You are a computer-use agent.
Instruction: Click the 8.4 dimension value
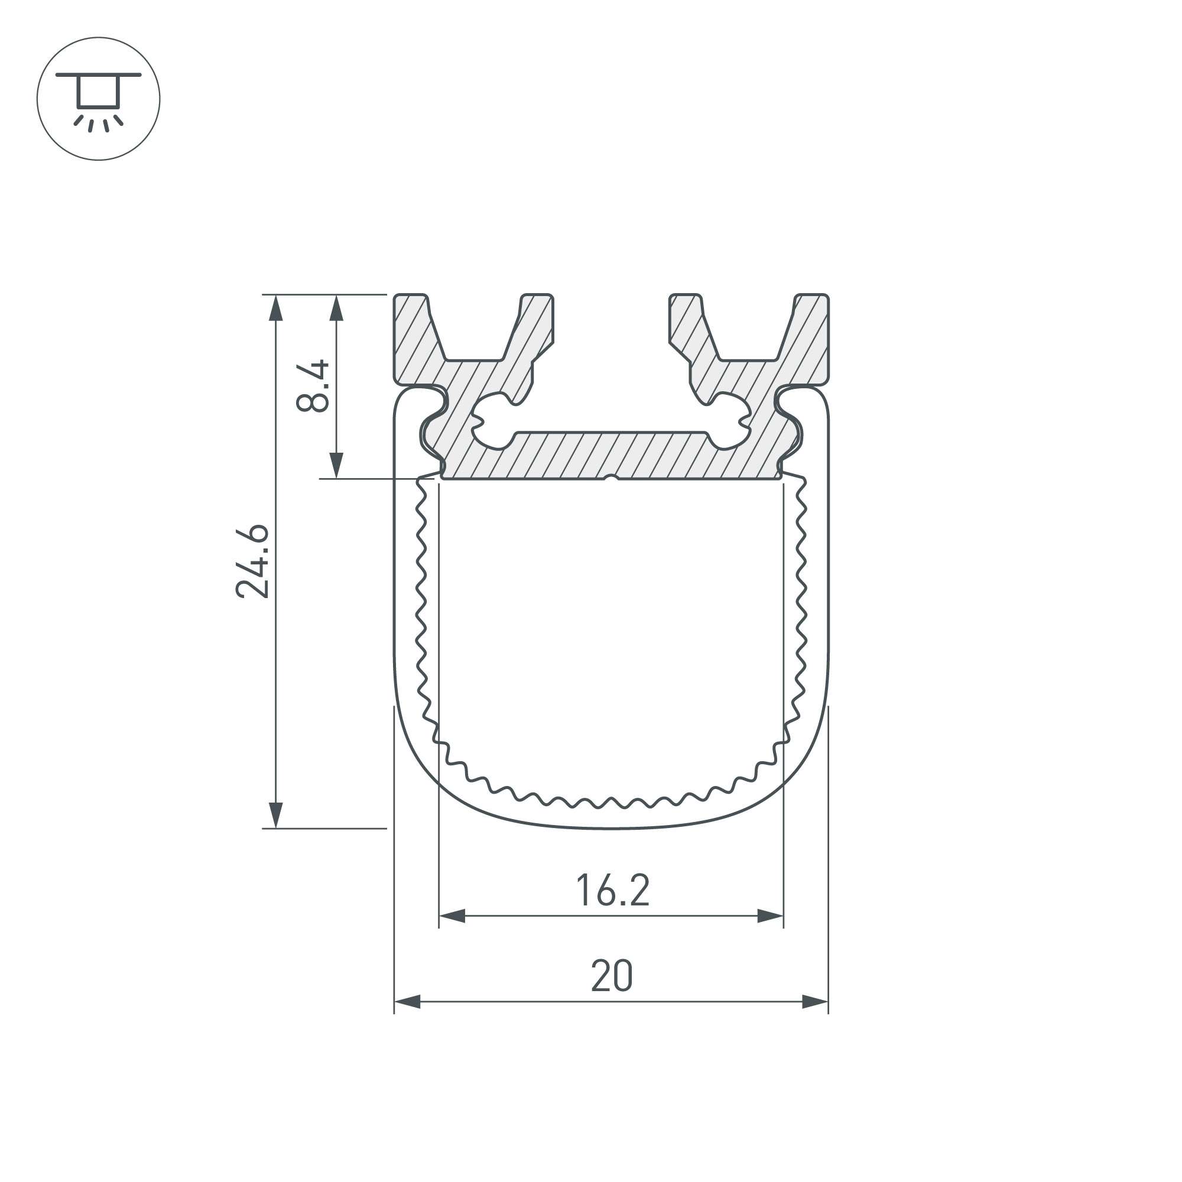point(313,386)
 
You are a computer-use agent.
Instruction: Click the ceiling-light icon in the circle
point(99,99)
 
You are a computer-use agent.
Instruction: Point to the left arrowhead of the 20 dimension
point(407,1002)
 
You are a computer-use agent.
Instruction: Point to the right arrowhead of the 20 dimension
point(815,1002)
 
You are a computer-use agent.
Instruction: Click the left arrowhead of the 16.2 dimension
point(452,916)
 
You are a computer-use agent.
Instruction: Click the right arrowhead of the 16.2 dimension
point(770,916)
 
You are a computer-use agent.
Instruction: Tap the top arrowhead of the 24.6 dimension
point(276,308)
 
